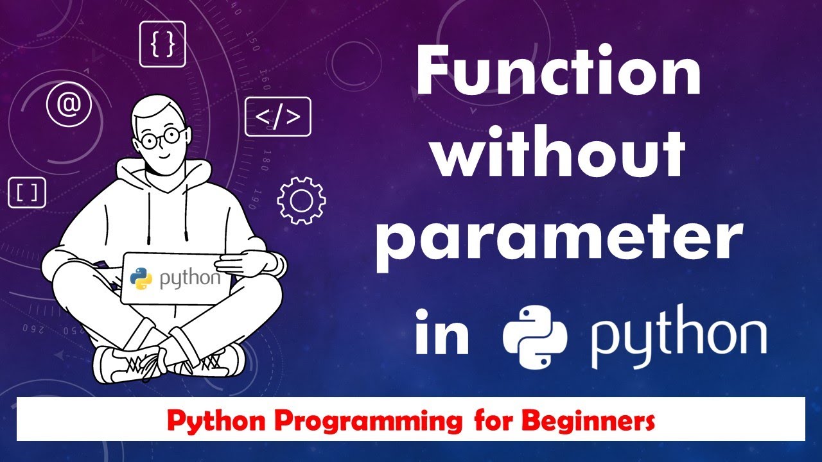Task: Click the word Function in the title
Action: pyautogui.click(x=557, y=76)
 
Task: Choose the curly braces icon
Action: pyautogui.click(x=162, y=44)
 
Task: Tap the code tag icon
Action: pyautogui.click(x=277, y=117)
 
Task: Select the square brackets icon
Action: pyautogui.click(x=27, y=192)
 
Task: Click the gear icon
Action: pyautogui.click(x=301, y=201)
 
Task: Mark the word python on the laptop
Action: pyautogui.click(x=190, y=280)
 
